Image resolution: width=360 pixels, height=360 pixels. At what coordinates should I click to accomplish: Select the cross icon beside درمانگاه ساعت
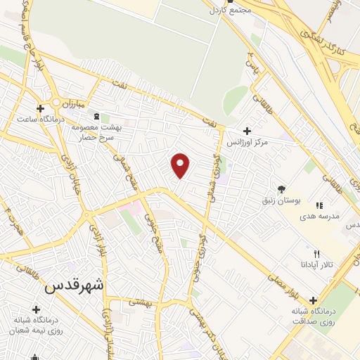tap(41, 108)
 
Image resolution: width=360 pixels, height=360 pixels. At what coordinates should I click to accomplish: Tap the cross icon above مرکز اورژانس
tap(246, 131)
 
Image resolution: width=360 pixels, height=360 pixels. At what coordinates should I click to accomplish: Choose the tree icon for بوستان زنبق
tap(281, 189)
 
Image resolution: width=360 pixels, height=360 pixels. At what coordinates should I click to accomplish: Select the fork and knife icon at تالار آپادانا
tap(316, 254)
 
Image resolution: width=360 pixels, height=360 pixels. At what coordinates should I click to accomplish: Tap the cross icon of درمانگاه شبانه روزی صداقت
tap(314, 300)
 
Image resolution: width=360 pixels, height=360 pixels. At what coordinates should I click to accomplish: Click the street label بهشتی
tap(139, 301)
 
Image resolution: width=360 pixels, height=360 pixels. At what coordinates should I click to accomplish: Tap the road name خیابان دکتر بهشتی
tap(198, 330)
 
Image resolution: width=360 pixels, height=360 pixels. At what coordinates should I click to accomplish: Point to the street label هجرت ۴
tap(13, 217)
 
